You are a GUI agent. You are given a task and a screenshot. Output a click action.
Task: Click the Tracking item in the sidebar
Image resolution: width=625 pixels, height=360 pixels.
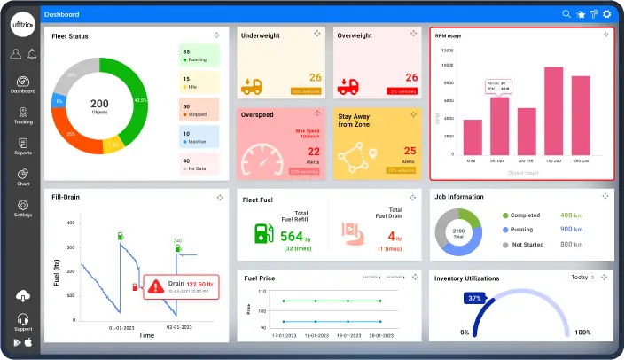(23, 116)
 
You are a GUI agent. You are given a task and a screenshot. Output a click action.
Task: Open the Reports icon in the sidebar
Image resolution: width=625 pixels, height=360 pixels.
(23, 146)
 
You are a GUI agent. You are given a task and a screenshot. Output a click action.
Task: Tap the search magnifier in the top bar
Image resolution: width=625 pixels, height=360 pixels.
(566, 14)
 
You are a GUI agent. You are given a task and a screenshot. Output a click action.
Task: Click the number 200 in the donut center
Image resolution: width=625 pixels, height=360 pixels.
(100, 103)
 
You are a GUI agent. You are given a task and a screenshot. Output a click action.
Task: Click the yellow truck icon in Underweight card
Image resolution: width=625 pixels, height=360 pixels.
(252, 86)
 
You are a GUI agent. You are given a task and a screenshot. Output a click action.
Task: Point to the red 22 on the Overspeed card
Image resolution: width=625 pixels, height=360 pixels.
(313, 152)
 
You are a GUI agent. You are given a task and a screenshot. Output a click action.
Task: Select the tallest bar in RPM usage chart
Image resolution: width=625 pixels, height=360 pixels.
(553, 111)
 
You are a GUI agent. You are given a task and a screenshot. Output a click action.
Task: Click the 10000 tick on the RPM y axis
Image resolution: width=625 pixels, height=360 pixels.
(449, 66)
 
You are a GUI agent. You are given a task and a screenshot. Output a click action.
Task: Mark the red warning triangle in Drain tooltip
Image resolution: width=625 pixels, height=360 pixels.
(156, 286)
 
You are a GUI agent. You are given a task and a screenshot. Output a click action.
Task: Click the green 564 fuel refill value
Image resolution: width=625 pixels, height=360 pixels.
(292, 236)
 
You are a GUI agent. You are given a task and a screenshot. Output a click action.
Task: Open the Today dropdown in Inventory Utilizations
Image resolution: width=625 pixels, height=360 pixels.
(582, 278)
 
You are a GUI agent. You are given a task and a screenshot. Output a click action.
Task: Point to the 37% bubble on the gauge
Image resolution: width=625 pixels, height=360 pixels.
(475, 299)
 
